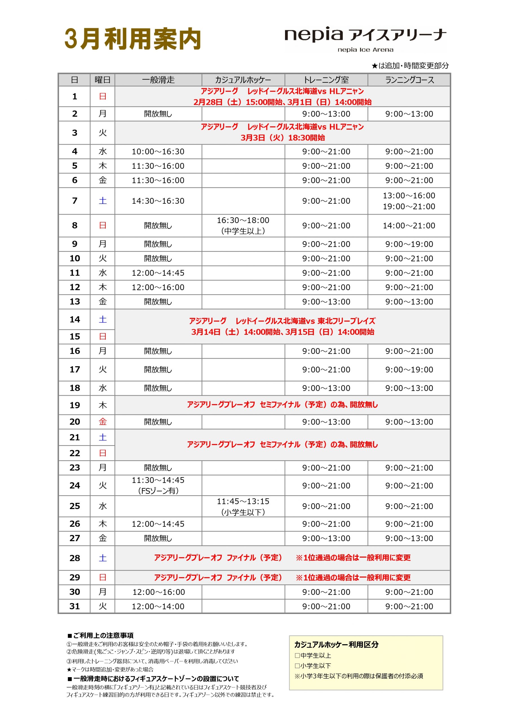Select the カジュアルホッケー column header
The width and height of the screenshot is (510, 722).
243,80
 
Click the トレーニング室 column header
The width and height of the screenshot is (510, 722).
326,80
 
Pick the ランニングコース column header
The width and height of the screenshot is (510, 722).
409,80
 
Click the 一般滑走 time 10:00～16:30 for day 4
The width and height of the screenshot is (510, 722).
158,151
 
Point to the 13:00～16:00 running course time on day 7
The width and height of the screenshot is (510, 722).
409,196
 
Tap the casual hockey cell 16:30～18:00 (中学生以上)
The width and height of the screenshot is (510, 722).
243,225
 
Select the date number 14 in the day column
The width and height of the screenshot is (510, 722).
74,320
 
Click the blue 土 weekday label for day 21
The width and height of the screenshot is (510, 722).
103,437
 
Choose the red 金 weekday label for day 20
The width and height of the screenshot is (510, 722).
103,422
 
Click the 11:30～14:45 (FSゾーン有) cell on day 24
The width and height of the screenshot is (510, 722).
158,485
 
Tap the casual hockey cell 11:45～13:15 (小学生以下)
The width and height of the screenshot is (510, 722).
243,506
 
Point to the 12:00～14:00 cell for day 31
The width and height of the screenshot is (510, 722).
158,606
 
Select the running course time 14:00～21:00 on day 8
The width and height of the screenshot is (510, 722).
409,225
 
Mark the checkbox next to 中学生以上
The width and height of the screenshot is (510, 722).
297,656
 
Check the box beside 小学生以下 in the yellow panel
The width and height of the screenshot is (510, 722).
297,666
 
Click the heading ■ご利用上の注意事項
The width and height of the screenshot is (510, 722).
100,635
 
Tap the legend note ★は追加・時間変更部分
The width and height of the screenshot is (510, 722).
410,66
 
